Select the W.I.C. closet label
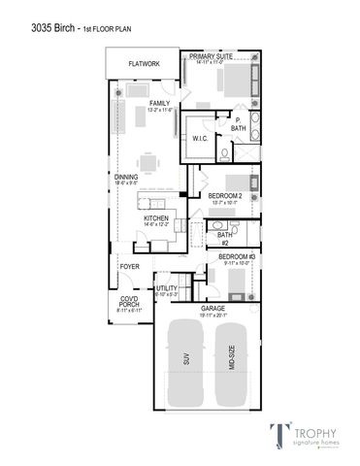point(201,138)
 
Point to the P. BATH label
point(237,124)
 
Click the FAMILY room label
point(159,103)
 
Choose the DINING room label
point(126,178)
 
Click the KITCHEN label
point(156,219)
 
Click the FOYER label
point(130,265)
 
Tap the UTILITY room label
point(166,288)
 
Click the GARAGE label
point(213,309)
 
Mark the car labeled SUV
point(184,358)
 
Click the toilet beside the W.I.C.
point(224,152)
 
